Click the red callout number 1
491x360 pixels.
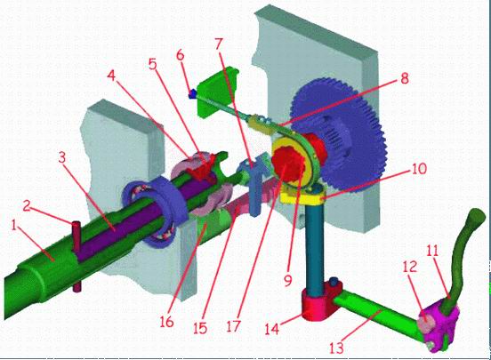[13, 226]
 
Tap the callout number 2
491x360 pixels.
[28, 205]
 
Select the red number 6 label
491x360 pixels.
[180, 55]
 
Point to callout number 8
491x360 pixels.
[405, 78]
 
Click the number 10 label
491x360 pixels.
[419, 168]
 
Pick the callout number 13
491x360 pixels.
[336, 348]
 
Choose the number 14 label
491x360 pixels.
[272, 329]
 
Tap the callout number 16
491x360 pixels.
[166, 322]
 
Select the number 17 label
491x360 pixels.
[233, 326]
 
